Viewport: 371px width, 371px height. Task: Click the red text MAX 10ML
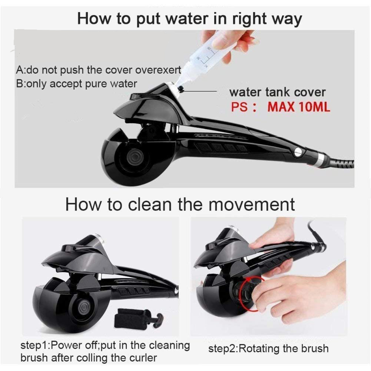tap(299, 107)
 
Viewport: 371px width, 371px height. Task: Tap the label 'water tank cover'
tap(277, 92)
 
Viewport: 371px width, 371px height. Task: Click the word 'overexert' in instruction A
tap(158, 70)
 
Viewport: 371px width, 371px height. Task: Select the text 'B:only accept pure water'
tap(77, 84)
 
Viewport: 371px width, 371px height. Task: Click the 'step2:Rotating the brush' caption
tap(268, 348)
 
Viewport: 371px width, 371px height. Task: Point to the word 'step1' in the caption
tap(35, 345)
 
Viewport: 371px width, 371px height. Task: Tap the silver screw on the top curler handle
tap(298, 152)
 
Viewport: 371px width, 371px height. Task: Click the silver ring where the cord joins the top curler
tap(321, 157)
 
